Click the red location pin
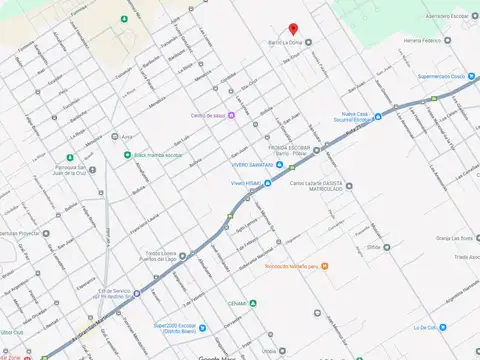click(293, 29)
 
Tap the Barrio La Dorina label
click(284, 42)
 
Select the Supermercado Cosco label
click(442, 76)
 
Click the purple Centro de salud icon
click(233, 115)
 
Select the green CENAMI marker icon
click(253, 303)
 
